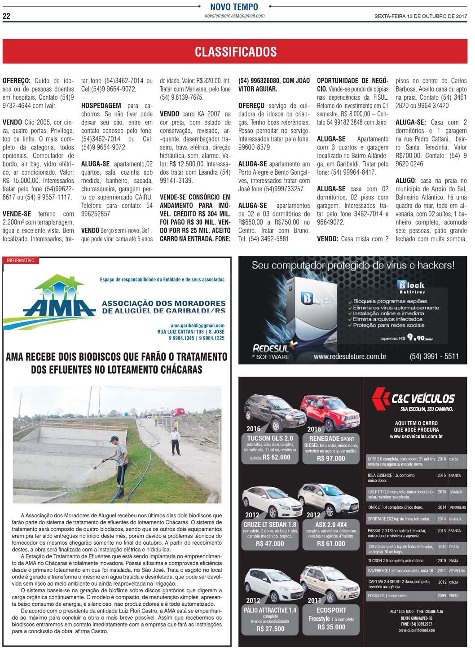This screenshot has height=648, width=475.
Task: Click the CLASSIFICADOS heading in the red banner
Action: (x=236, y=52)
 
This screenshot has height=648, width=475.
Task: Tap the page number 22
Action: (x=7, y=17)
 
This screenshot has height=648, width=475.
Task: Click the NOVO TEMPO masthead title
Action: (x=234, y=7)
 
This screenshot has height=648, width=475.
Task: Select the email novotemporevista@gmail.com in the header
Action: (x=234, y=16)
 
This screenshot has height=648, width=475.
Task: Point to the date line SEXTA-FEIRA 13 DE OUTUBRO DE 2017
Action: (x=421, y=17)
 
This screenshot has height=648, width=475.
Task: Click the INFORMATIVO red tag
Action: (x=21, y=260)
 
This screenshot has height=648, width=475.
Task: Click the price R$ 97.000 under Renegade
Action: (x=331, y=458)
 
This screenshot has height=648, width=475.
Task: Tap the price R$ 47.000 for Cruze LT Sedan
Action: (x=269, y=543)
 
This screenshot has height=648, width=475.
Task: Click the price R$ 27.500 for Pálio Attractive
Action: (x=270, y=629)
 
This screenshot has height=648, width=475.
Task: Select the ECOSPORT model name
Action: (x=331, y=610)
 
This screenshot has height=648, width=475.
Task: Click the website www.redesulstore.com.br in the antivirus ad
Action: (x=350, y=357)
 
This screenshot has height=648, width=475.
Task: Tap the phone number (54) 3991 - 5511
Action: (x=434, y=357)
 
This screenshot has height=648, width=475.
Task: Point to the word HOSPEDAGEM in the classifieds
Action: (x=101, y=106)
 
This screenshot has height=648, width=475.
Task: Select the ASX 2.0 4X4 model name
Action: (x=331, y=525)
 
